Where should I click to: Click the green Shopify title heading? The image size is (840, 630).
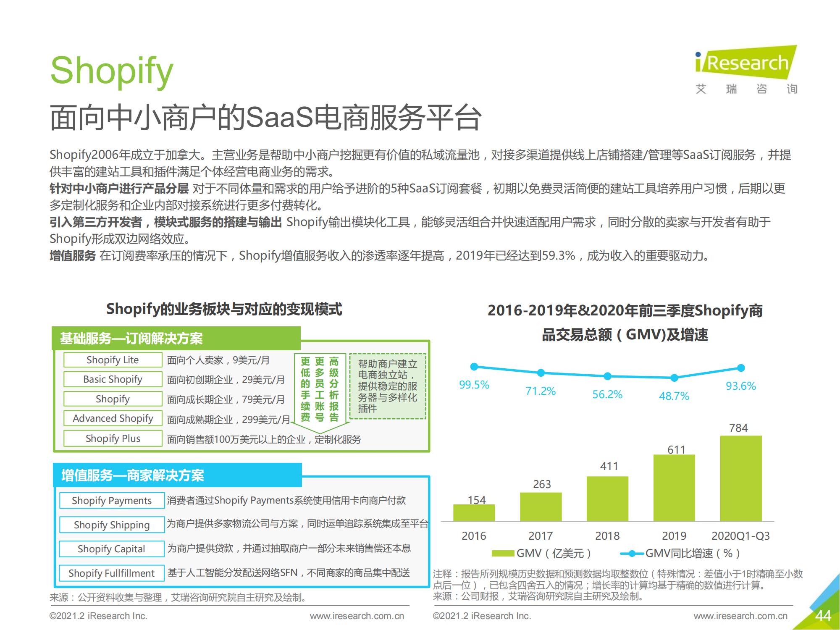point(111,70)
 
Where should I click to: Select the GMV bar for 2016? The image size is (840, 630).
point(474,512)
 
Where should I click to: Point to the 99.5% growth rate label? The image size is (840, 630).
point(474,385)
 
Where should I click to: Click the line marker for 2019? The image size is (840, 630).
point(674,378)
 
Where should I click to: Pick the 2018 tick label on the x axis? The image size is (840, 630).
point(607,536)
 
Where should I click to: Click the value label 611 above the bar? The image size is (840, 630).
point(676,449)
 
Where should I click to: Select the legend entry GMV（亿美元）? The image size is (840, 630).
point(542,553)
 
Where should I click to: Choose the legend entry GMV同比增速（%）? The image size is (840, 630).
point(680,553)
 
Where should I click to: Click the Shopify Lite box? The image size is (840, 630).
point(113,360)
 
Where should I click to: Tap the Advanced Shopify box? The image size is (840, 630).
point(113,418)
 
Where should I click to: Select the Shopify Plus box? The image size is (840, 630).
point(113,438)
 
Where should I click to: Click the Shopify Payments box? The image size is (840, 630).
point(111,501)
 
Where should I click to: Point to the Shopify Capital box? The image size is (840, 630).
point(111,549)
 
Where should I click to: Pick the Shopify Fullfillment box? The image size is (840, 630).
point(111,573)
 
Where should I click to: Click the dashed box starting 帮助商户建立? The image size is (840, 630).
point(387,386)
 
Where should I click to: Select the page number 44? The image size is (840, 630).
point(823,616)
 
